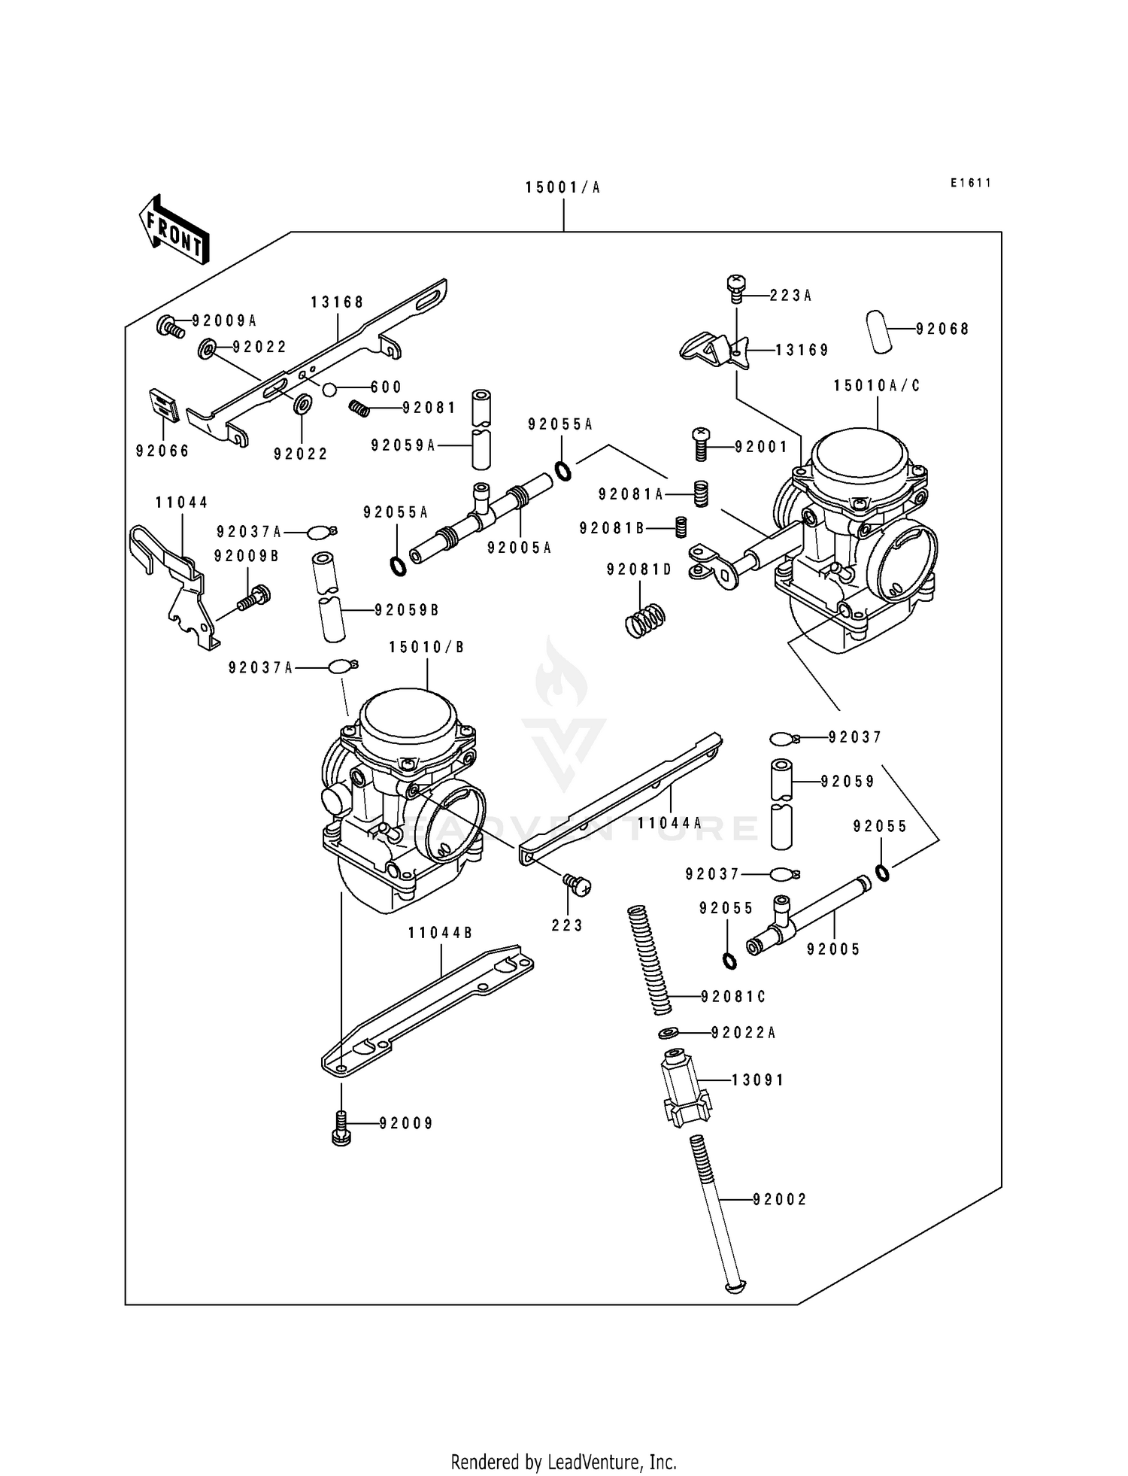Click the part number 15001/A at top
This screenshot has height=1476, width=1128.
click(562, 188)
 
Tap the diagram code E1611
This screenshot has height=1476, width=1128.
click(971, 183)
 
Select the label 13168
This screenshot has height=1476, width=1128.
click(338, 302)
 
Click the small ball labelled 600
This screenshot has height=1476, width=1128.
click(329, 389)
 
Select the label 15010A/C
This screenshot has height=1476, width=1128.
click(877, 386)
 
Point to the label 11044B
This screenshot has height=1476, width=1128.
click(441, 934)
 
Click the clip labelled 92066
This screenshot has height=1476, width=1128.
click(163, 407)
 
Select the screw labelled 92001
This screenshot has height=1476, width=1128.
click(701, 445)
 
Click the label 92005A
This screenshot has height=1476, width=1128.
click(519, 548)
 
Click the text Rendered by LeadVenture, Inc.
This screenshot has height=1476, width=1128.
click(563, 1462)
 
